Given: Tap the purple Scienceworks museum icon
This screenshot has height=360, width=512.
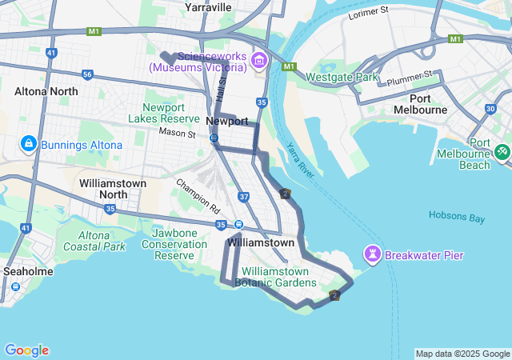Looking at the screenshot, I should coord(259,61).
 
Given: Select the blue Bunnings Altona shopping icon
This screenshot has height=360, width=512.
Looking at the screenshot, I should coord(28,144).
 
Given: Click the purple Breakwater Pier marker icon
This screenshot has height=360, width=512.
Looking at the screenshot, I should coord(372,255).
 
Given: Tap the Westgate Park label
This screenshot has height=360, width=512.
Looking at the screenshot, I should coord(343,78).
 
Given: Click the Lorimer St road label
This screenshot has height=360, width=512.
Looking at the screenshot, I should coord(369,13).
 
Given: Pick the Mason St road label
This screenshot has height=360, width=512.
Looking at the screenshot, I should coord(177,132).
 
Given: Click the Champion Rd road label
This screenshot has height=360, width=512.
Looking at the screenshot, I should coord(199,195).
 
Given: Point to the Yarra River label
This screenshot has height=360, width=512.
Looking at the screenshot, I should coord(301,159).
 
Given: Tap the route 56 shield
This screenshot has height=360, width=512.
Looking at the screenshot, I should coord(87,74).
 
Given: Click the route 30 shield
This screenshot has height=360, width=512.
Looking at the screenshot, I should coord(490,109).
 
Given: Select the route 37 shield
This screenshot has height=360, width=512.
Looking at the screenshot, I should coord(244,196).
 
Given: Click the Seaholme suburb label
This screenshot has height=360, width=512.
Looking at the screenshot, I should coord(28,271).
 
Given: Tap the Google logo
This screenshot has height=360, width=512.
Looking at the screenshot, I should coord(26,350).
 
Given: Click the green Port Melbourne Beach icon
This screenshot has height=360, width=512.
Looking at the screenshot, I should coord(502,150).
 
